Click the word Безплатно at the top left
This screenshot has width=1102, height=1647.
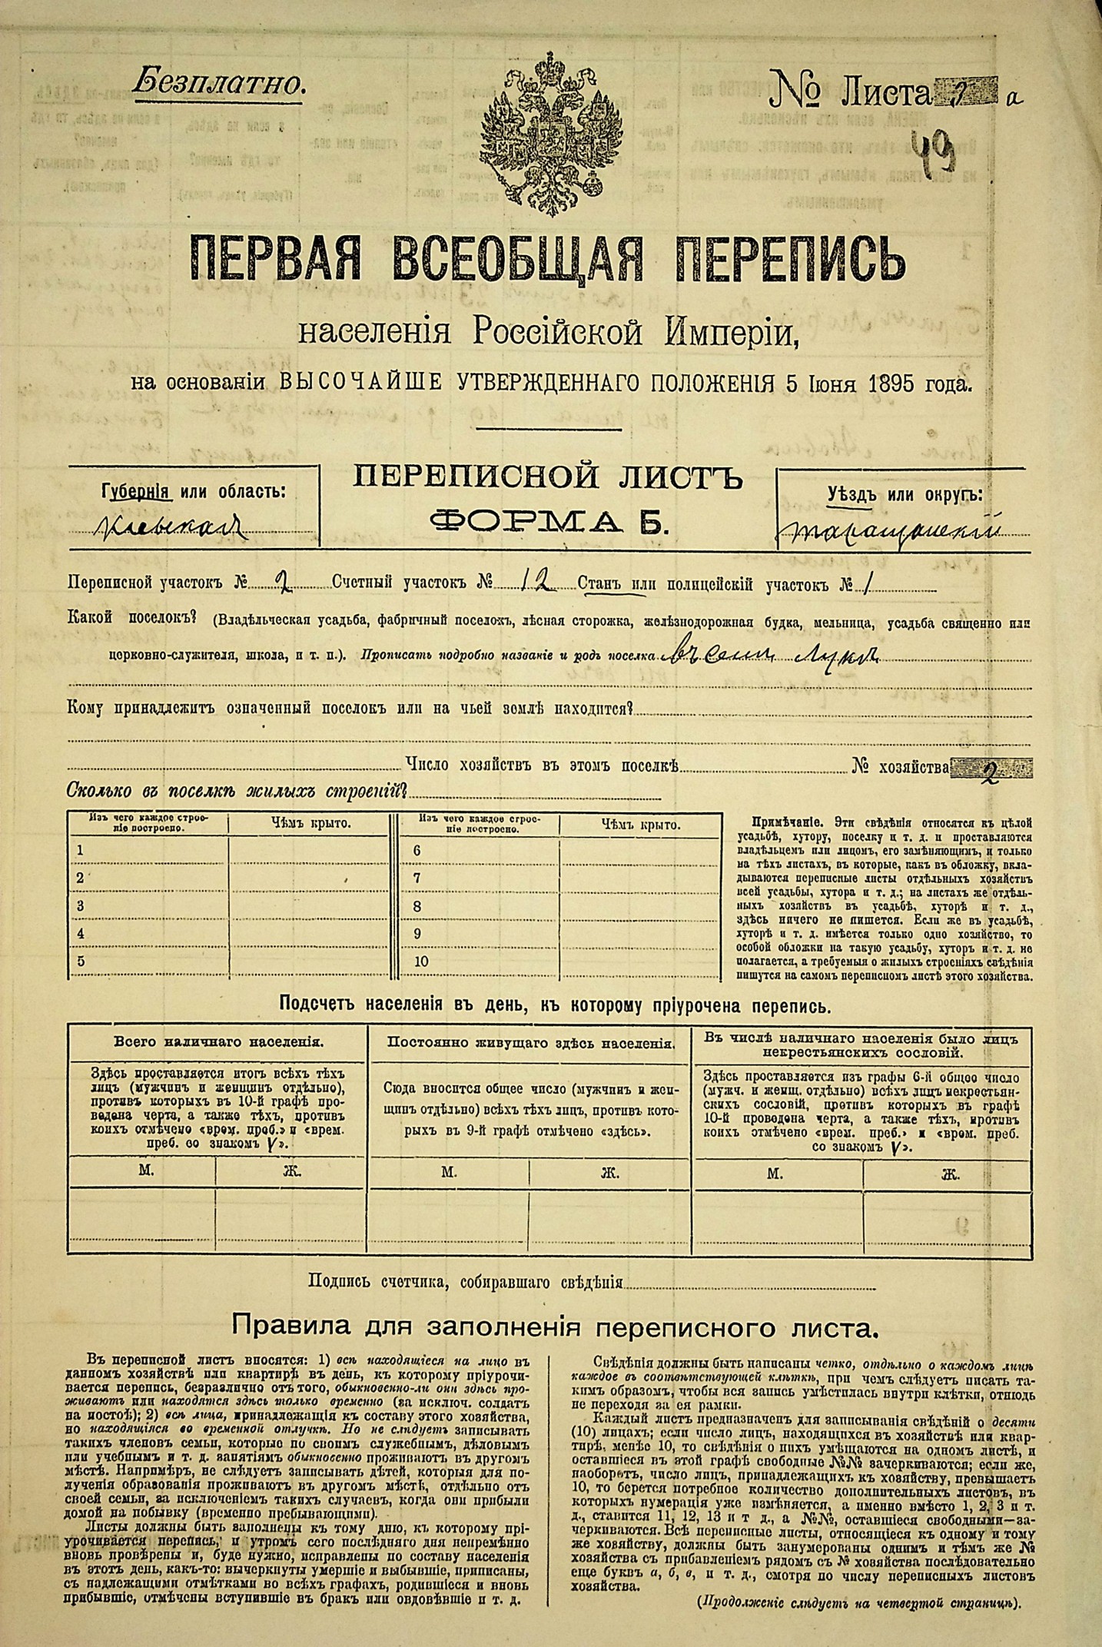[218, 83]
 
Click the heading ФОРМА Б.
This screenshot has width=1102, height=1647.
[549, 523]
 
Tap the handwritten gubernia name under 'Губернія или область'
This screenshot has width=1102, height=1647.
[173, 527]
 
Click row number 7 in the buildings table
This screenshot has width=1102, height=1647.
[417, 878]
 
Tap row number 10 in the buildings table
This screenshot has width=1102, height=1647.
[420, 961]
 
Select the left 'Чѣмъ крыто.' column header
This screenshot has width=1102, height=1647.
[310, 824]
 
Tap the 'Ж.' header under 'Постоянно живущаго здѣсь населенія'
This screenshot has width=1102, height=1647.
[609, 1172]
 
